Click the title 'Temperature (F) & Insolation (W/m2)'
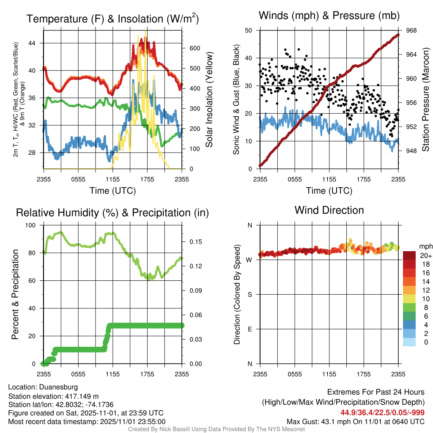coord(112,19)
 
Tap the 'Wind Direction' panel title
coord(329,210)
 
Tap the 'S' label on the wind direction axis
coord(250,294)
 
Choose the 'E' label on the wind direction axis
coord(250,329)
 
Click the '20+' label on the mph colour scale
coord(425,255)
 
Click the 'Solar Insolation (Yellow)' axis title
coord(209,99)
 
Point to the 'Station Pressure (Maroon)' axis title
coord(425,100)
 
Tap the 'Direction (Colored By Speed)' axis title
coord(237,294)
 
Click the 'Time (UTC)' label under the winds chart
coord(329,191)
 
